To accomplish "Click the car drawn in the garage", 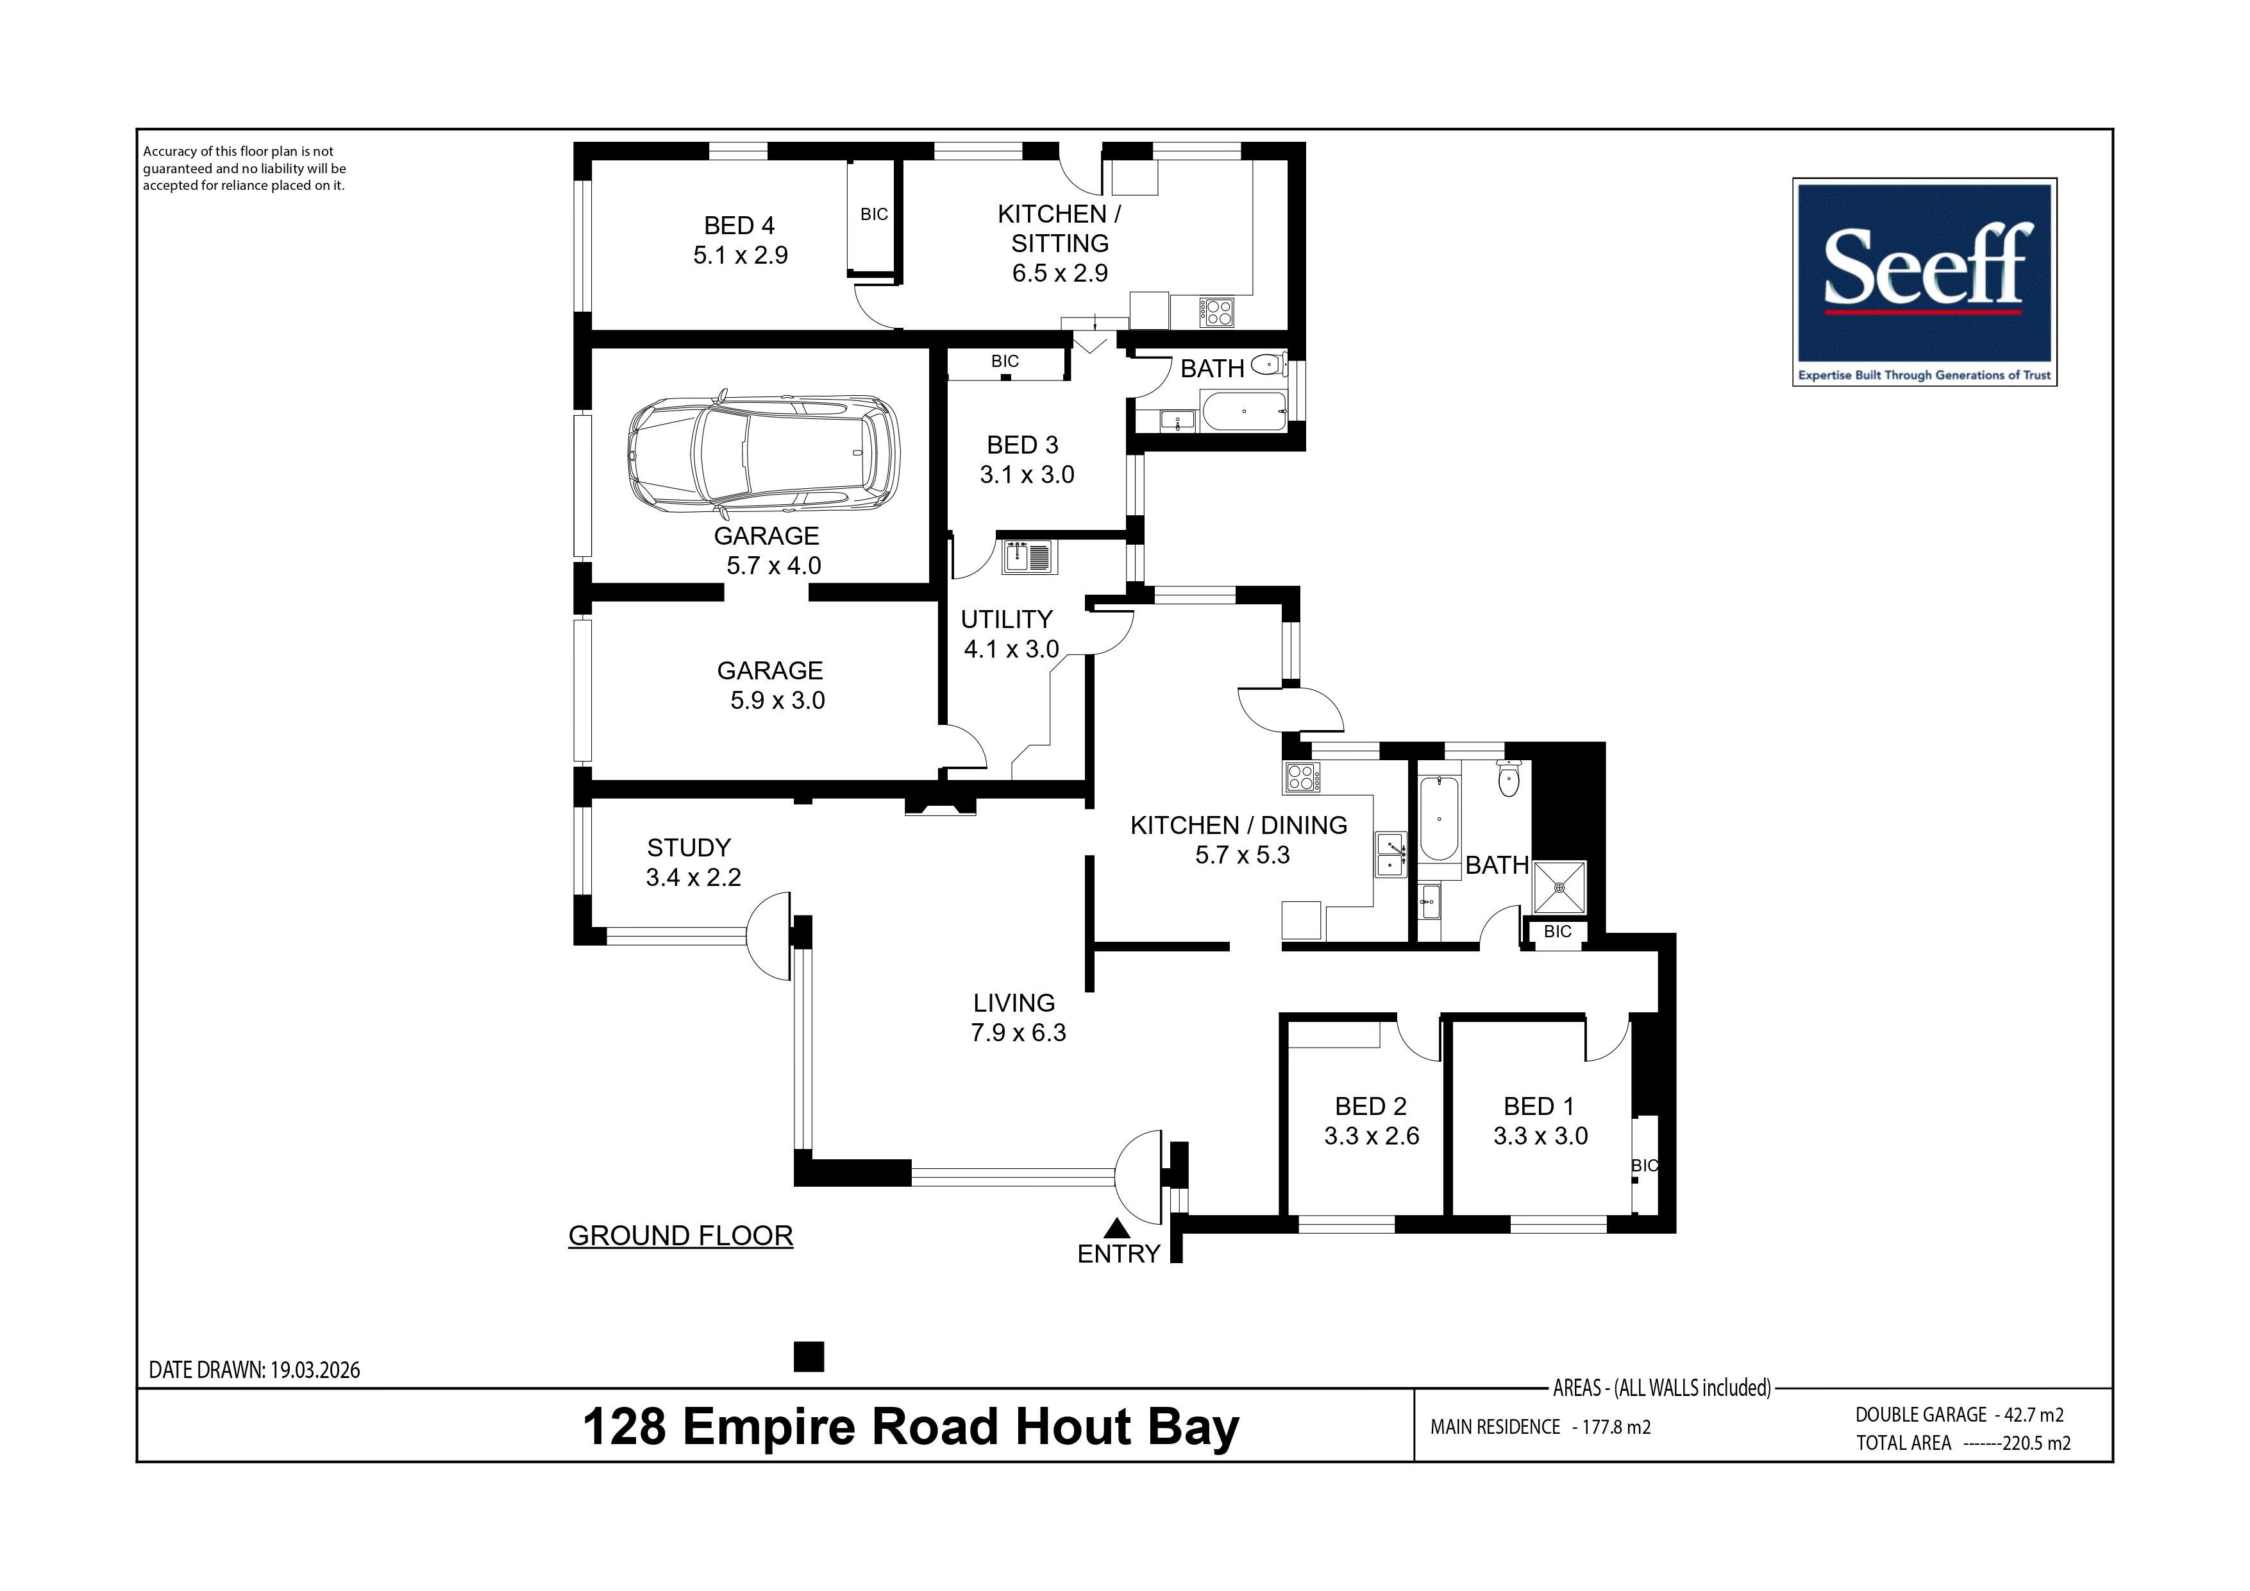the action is click(x=764, y=456).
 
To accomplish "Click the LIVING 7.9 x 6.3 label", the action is click(x=1017, y=1017).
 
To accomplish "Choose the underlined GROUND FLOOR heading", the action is click(x=681, y=1236).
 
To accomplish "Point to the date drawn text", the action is click(x=255, y=1370).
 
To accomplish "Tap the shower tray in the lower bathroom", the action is click(x=1558, y=888).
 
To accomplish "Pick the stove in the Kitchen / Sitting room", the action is click(x=1216, y=312).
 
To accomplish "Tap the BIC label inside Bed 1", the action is click(x=1645, y=1166).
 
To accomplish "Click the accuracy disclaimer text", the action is click(x=244, y=169).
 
